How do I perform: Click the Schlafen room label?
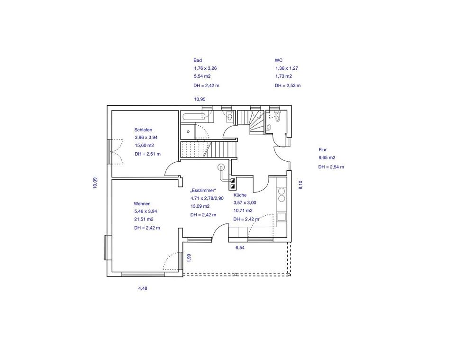[143, 130]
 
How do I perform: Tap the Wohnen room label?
[142, 204]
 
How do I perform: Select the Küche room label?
[240, 195]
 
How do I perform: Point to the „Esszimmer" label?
[203, 191]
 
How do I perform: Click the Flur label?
[322, 150]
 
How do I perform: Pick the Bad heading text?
[198, 60]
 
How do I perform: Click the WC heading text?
[279, 60]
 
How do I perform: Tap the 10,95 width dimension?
[200, 99]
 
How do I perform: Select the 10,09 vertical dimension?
[95, 183]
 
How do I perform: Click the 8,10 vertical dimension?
[300, 185]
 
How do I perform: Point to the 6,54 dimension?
[240, 248]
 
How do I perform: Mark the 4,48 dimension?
[143, 288]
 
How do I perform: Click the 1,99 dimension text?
[189, 258]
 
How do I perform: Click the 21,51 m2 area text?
[144, 219]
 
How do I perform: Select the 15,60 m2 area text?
[144, 146]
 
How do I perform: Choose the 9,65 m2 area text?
[327, 157]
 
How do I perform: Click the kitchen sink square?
[282, 217]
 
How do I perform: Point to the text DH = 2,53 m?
[288, 86]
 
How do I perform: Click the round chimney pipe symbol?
[222, 167]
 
